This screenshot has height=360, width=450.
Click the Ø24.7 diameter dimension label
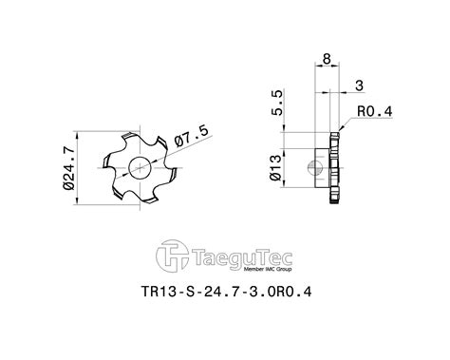[70, 168]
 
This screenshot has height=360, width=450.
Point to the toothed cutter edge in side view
[335, 167]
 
